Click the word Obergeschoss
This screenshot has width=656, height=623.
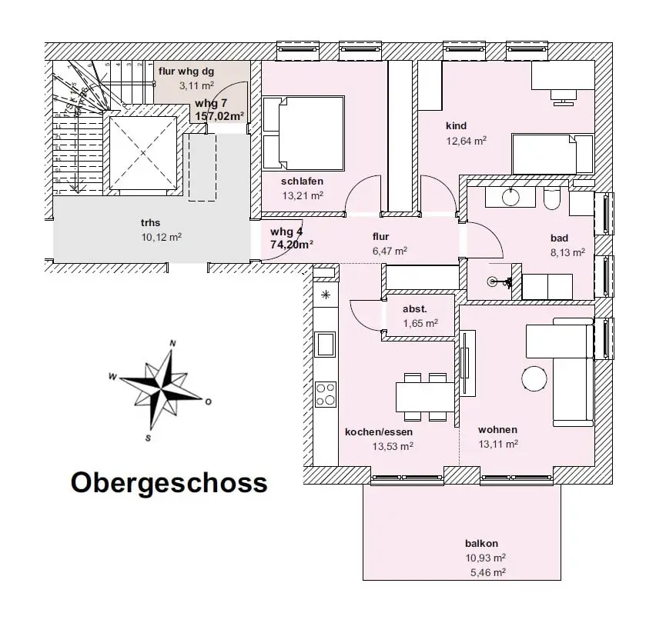point(169,483)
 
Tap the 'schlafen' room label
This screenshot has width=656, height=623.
point(302,182)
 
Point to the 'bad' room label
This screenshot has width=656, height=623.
point(560,238)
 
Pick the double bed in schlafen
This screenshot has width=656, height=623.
point(303,132)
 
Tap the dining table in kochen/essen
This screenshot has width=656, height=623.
point(424,397)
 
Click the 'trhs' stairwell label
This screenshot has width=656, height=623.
point(151,223)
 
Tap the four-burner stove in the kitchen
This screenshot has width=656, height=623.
point(326,394)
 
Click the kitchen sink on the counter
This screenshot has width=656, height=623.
point(326,344)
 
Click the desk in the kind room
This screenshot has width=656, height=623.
point(562,78)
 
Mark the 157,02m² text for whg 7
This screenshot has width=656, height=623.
point(219,117)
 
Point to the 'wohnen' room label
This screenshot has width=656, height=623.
point(497,430)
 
